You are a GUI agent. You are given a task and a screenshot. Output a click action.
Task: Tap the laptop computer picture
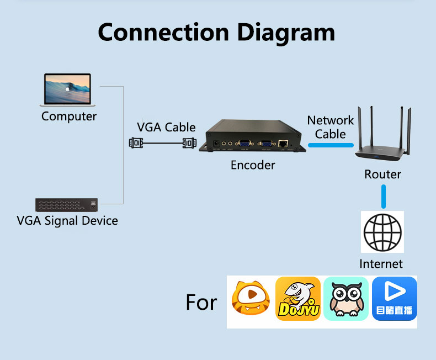(67, 89)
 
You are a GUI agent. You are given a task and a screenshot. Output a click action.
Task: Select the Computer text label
(69, 117)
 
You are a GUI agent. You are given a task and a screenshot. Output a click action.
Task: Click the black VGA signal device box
(67, 205)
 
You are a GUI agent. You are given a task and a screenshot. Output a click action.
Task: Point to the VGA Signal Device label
(67, 221)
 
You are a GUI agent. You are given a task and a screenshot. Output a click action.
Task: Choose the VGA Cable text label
(166, 127)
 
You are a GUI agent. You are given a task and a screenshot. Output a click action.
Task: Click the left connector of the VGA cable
(135, 143)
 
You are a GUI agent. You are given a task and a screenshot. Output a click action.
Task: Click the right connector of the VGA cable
(189, 143)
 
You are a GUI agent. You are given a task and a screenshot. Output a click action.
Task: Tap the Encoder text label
(253, 165)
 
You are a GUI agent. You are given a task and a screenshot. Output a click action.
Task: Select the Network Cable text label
(331, 127)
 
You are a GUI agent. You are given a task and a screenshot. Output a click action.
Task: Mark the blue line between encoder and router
(331, 145)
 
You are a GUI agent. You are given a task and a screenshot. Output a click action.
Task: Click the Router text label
(382, 174)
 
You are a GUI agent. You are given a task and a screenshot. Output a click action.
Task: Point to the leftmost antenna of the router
(360, 127)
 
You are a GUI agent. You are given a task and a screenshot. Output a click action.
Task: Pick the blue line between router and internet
(383, 196)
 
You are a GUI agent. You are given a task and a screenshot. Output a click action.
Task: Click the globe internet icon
(382, 232)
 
